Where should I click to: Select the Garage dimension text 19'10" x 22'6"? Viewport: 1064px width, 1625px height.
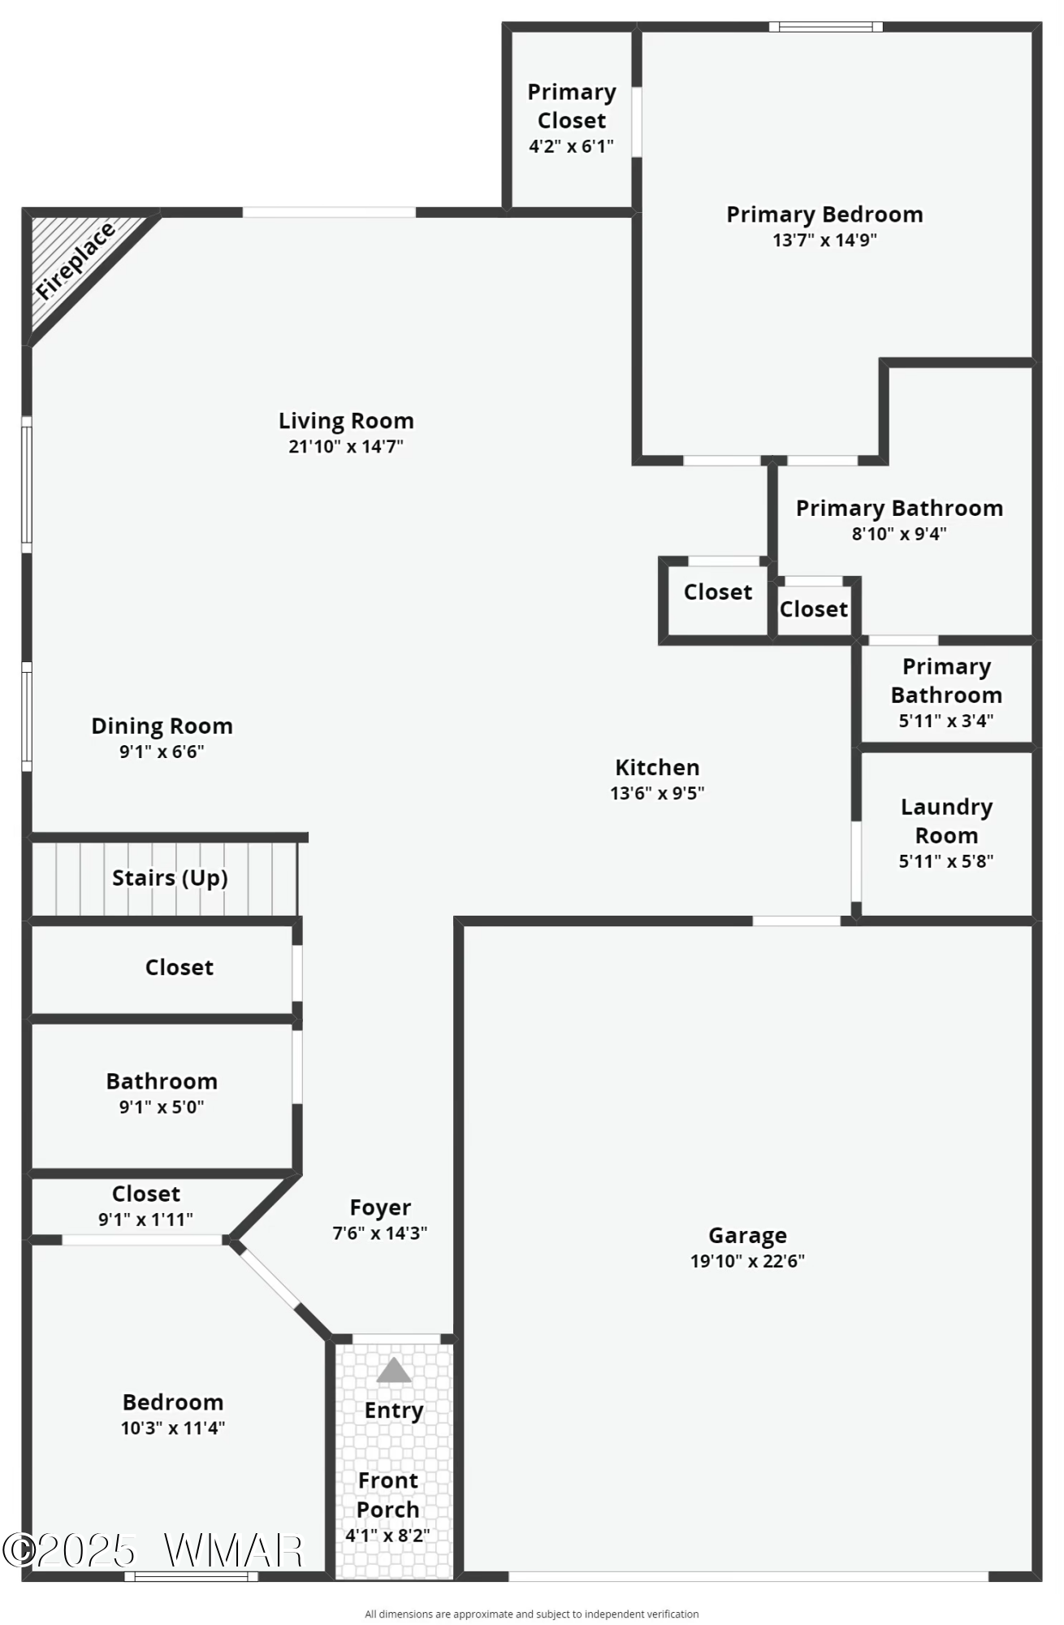[x=747, y=1261]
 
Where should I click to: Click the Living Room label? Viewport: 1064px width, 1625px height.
[x=346, y=421]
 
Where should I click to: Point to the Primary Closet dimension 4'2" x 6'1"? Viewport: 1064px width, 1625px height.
[x=571, y=146]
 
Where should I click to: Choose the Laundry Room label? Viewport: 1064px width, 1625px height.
[x=946, y=821]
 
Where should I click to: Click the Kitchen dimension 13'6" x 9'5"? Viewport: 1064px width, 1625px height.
[x=657, y=793]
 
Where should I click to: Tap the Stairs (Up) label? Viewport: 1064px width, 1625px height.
[x=170, y=878]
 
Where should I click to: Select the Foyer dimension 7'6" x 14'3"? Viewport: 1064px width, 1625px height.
[x=380, y=1233]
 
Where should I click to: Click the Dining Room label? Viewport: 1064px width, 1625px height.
[x=162, y=726]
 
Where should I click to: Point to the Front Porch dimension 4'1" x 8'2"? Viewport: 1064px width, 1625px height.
[x=387, y=1536]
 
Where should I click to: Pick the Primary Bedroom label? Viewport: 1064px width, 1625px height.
[x=824, y=214]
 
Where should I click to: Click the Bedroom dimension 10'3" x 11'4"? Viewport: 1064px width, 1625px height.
[x=173, y=1428]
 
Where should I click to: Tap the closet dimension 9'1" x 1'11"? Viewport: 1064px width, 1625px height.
[x=145, y=1220]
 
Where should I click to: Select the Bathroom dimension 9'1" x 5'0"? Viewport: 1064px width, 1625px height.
[x=162, y=1107]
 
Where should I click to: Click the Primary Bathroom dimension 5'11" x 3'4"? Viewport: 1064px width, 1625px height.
[x=946, y=721]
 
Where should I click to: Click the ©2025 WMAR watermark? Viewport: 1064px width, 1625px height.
[x=153, y=1550]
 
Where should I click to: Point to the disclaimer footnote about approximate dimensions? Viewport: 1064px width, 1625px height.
[x=532, y=1614]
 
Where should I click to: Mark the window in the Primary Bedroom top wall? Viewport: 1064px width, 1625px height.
[x=826, y=27]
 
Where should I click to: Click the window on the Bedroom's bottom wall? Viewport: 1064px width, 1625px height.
[x=191, y=1576]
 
